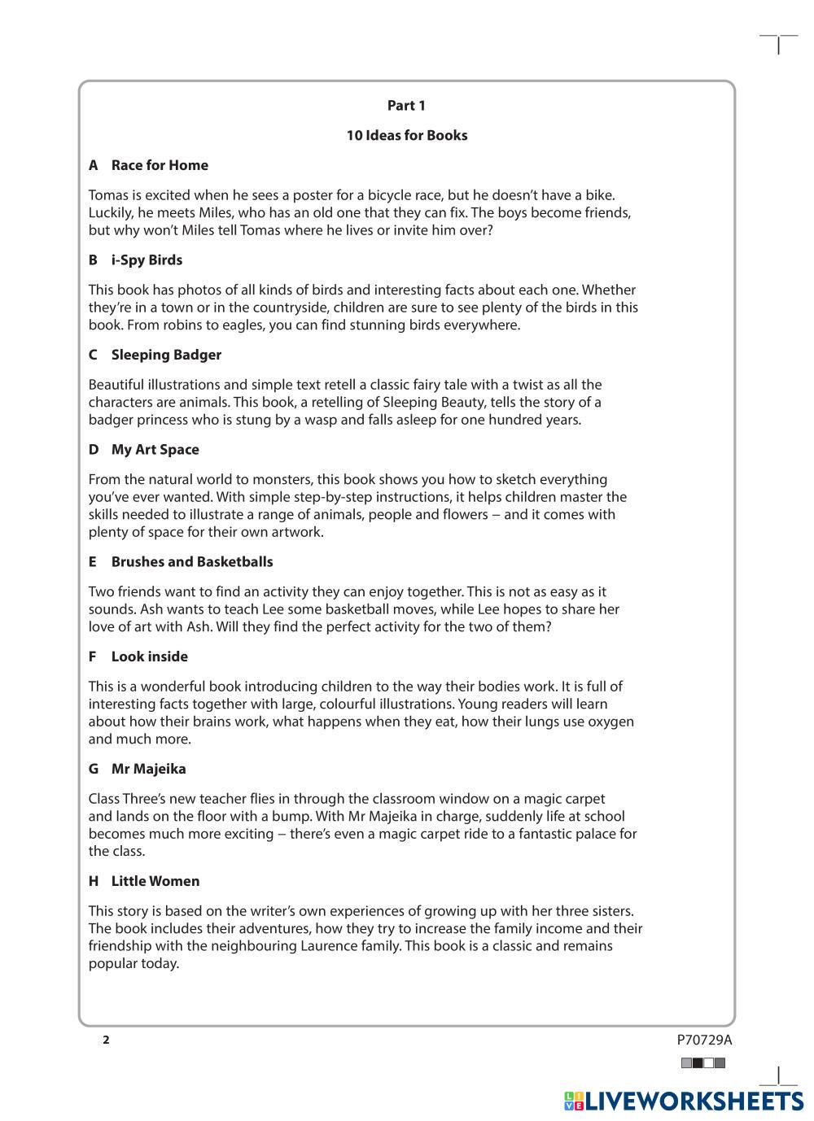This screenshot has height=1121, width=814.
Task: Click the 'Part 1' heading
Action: [x=406, y=106]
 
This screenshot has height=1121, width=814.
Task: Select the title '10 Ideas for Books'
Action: [x=406, y=136]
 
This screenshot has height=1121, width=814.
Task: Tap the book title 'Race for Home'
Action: [x=160, y=165]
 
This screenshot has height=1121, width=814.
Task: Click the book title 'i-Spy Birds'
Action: [x=147, y=260]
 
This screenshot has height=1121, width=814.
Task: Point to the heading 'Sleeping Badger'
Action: [x=166, y=355]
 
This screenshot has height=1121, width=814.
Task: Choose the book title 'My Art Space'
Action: [x=155, y=450]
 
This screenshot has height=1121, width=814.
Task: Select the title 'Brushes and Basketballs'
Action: [x=192, y=562]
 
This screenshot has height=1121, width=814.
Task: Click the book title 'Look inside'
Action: [x=149, y=656]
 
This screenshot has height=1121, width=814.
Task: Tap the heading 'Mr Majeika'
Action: [x=148, y=769]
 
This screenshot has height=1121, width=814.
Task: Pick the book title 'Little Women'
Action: [x=155, y=881]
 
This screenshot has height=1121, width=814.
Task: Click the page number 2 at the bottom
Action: [x=106, y=1040]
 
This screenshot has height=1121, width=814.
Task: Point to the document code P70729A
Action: [x=704, y=1040]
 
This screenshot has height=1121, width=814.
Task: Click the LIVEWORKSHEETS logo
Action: [x=684, y=1101]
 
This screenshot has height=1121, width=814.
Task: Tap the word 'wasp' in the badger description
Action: [x=370, y=421]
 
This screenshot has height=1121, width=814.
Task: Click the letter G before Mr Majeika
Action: [x=94, y=769]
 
